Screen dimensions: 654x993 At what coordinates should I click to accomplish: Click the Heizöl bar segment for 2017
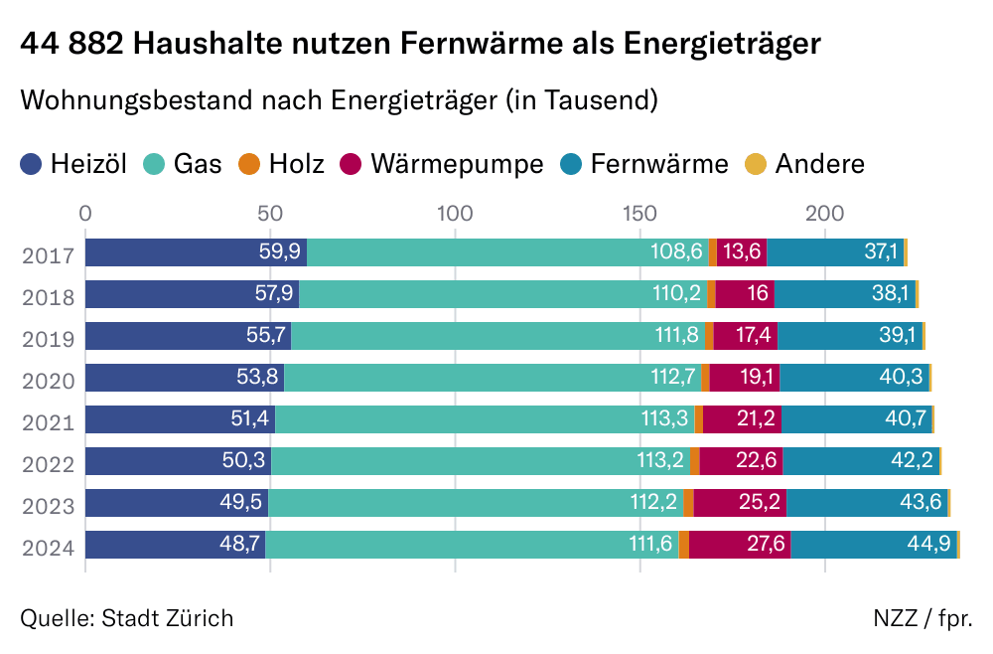196,252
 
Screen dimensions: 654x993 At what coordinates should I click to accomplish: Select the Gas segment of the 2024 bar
472,545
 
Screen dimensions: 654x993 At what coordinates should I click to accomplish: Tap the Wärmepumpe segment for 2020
745,378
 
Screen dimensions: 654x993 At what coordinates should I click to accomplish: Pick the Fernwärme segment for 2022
861,461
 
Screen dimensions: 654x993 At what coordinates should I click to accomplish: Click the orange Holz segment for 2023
688,503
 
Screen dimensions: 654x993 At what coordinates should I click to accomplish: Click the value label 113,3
664,419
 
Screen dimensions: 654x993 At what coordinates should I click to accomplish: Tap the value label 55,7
266,336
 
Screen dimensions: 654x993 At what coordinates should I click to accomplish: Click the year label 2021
49,422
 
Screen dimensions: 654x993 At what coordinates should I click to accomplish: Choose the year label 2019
49,339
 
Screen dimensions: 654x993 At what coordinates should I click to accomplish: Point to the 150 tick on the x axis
639,213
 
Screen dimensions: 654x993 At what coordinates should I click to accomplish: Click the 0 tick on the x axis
85,213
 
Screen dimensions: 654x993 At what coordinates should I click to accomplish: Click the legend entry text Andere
819,163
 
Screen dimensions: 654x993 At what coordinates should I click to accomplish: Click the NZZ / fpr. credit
922,618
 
